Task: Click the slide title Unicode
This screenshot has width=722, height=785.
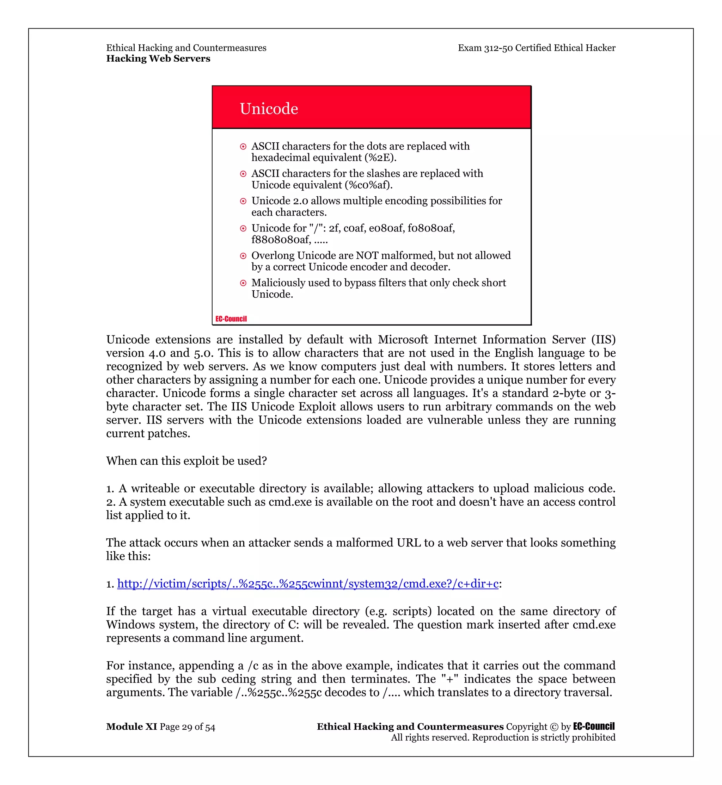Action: pyautogui.click(x=269, y=109)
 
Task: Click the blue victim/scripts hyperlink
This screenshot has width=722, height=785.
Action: pyautogui.click(x=307, y=583)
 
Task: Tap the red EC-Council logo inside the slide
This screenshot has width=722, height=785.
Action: pyautogui.click(x=231, y=319)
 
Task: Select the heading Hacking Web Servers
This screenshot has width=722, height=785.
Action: pyautogui.click(x=158, y=58)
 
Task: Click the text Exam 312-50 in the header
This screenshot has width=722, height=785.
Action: pyautogui.click(x=485, y=48)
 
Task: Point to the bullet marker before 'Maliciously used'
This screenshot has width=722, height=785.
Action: pyautogui.click(x=243, y=283)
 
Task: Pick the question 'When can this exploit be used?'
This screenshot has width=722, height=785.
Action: pyautogui.click(x=186, y=461)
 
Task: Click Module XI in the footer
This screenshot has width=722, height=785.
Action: pyautogui.click(x=131, y=727)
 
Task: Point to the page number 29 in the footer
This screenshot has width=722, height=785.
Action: pyautogui.click(x=187, y=727)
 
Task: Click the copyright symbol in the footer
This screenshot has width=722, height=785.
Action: pyautogui.click(x=553, y=727)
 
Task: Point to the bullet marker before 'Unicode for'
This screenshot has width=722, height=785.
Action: pyautogui.click(x=243, y=228)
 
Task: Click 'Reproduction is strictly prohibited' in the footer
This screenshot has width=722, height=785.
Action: pyautogui.click(x=544, y=737)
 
